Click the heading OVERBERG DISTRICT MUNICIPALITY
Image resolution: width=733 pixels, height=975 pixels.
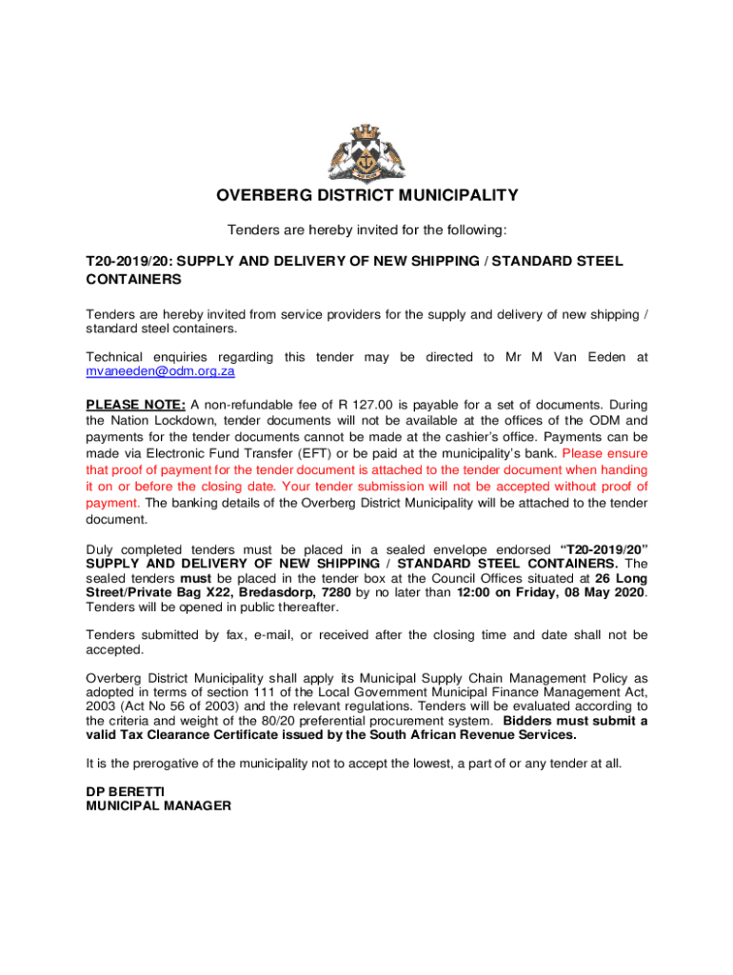coord(366,196)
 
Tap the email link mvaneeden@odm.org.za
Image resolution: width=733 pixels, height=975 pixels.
coord(160,371)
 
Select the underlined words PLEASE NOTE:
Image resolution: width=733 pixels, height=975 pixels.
coord(136,404)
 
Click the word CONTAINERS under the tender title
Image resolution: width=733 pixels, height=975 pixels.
coord(134,280)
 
